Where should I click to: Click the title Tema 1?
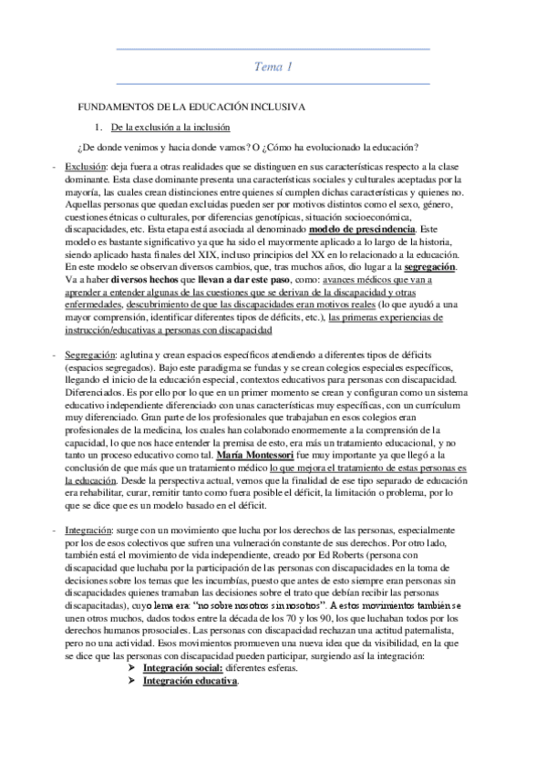pos(273,66)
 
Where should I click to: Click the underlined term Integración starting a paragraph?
pos(88,530)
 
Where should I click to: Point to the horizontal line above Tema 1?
pos(273,48)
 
